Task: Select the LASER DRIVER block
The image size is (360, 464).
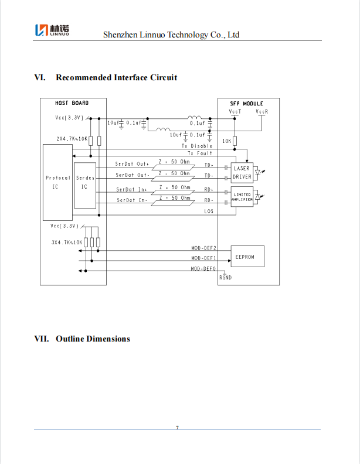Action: [x=242, y=172]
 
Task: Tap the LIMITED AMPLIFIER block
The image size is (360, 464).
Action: [x=242, y=197]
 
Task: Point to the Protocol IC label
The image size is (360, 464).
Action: [x=57, y=182]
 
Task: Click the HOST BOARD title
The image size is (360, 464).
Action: [x=72, y=103]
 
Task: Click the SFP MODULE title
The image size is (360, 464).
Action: [x=247, y=103]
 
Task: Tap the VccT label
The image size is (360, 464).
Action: [x=235, y=111]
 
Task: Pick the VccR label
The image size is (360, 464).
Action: [x=261, y=111]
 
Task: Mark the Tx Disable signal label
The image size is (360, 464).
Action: [x=201, y=146]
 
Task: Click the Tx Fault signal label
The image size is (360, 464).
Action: [x=200, y=153]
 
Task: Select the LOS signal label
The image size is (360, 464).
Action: [x=209, y=211]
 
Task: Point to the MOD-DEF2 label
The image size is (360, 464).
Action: [x=203, y=248]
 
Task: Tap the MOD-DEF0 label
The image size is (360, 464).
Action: [x=203, y=268]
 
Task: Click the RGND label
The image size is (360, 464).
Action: [x=225, y=278]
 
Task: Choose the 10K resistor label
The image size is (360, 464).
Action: [x=226, y=141]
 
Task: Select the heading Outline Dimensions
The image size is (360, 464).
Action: [x=93, y=339]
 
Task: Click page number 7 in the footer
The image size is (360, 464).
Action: [x=177, y=428]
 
